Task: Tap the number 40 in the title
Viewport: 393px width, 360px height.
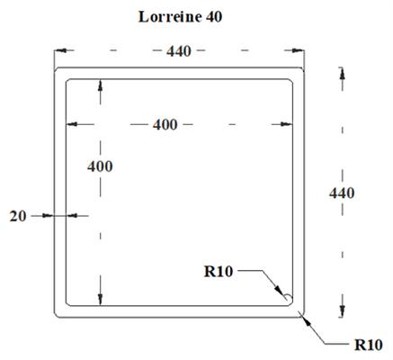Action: click(214, 17)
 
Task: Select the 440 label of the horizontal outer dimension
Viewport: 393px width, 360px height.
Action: click(179, 51)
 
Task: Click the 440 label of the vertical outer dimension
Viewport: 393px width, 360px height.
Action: click(342, 193)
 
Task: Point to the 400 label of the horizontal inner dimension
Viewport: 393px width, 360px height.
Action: click(165, 124)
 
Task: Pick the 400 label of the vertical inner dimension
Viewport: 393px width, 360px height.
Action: click(100, 166)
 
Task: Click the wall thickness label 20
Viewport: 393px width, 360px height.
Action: click(18, 216)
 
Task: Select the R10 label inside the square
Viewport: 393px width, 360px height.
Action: click(219, 272)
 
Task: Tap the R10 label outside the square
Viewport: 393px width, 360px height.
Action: click(369, 345)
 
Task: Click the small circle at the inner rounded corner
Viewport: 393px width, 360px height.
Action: click(288, 298)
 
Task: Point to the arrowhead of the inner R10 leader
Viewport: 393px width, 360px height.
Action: click(279, 290)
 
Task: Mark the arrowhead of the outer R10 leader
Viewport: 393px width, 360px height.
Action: click(307, 320)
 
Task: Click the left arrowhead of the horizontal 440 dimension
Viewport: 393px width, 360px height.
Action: click(60, 50)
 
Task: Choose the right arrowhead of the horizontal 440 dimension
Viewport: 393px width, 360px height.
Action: click(298, 50)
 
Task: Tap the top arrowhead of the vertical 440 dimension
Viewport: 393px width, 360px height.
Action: click(343, 74)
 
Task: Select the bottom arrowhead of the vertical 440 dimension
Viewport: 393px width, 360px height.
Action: click(343, 311)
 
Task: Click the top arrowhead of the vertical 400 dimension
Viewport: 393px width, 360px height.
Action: click(101, 85)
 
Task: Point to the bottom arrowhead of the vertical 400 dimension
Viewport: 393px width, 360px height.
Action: click(101, 300)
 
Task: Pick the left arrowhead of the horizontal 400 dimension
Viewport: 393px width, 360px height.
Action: click(72, 124)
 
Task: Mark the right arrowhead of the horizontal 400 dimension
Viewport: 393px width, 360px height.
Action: click(286, 124)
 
